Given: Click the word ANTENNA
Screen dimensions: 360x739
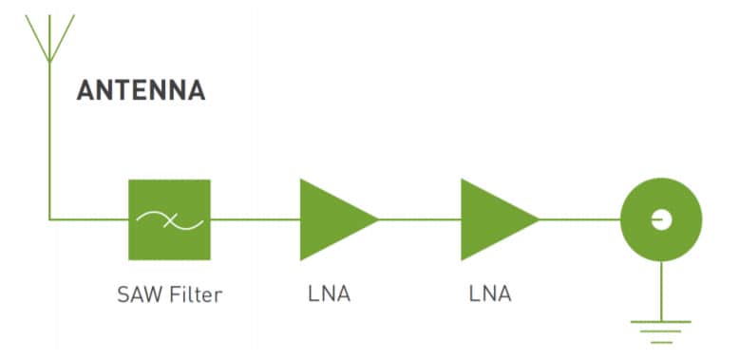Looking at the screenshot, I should coord(141,91).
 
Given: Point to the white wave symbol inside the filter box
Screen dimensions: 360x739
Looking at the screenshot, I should coord(169,219).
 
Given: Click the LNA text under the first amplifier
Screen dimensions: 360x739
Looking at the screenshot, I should coord(330,294).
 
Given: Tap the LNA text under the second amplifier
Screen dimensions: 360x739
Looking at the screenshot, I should coord(490,294).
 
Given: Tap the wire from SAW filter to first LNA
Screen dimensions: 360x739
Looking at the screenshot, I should coord(255,219).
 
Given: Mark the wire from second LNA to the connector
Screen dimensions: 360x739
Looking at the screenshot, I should coord(579,219).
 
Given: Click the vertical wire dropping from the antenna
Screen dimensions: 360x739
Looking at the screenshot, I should coord(49,142).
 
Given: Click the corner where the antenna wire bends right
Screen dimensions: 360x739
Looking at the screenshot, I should coord(49,219).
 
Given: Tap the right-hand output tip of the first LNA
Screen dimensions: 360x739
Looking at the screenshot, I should coord(376,219).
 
